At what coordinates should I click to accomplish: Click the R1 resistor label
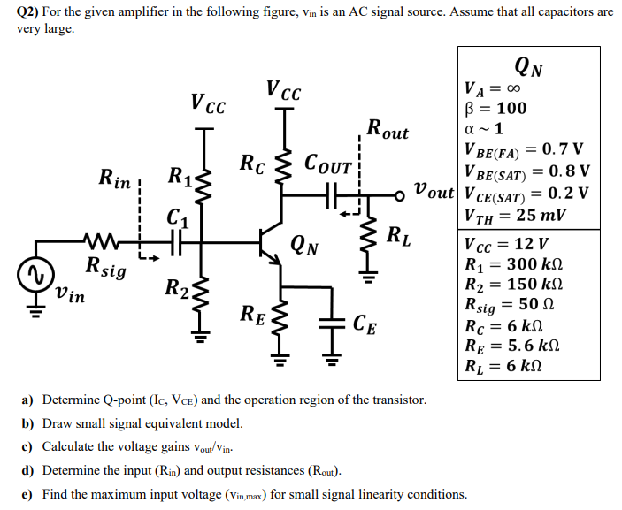pyautogui.click(x=180, y=173)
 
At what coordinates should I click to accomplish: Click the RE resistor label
pyautogui.click(x=252, y=312)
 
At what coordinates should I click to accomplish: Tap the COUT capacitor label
pyautogui.click(x=328, y=164)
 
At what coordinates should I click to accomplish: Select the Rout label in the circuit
pyautogui.click(x=387, y=129)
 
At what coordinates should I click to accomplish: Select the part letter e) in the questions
pyautogui.click(x=27, y=493)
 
